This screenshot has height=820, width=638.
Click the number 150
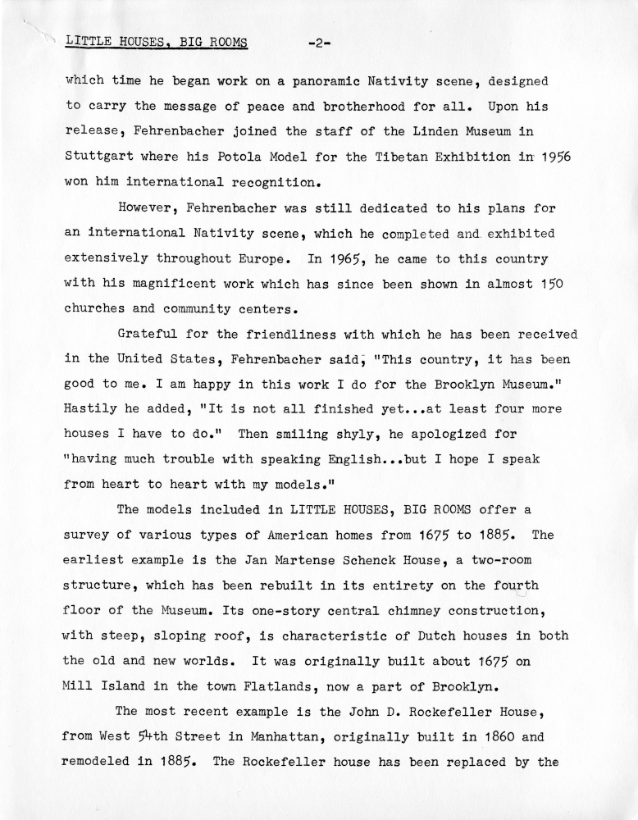pyautogui.click(x=546, y=284)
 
